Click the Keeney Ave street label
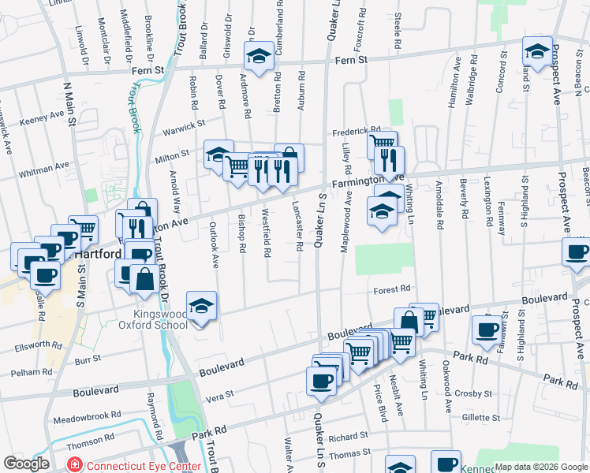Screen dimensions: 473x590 (x=42, y=115)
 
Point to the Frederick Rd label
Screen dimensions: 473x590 (x=356, y=131)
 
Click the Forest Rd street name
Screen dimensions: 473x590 (x=393, y=289)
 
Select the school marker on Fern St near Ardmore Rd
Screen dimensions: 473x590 (x=258, y=55)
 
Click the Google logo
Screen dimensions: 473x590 (x=26, y=464)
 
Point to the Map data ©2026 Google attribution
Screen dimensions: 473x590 (x=540, y=467)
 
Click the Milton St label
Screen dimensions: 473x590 (x=176, y=155)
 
